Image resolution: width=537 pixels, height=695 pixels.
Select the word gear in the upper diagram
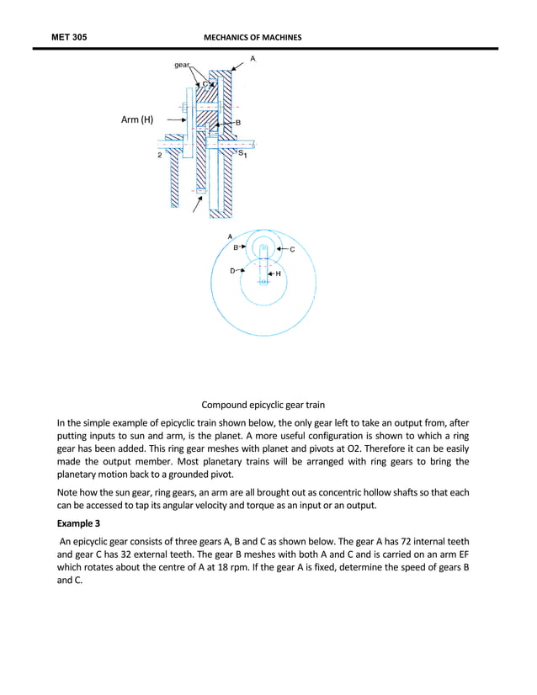[182, 65]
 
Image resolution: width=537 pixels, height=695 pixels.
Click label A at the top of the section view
[253, 58]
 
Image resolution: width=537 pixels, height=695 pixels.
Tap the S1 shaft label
[242, 153]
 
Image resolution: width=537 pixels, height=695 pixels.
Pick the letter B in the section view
[237, 123]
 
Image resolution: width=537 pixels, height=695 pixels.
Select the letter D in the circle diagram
[232, 270]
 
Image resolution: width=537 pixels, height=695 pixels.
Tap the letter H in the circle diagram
[278, 273]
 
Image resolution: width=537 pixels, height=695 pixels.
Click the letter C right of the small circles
[292, 250]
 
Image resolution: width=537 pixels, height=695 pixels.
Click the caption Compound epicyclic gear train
[268, 405]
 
